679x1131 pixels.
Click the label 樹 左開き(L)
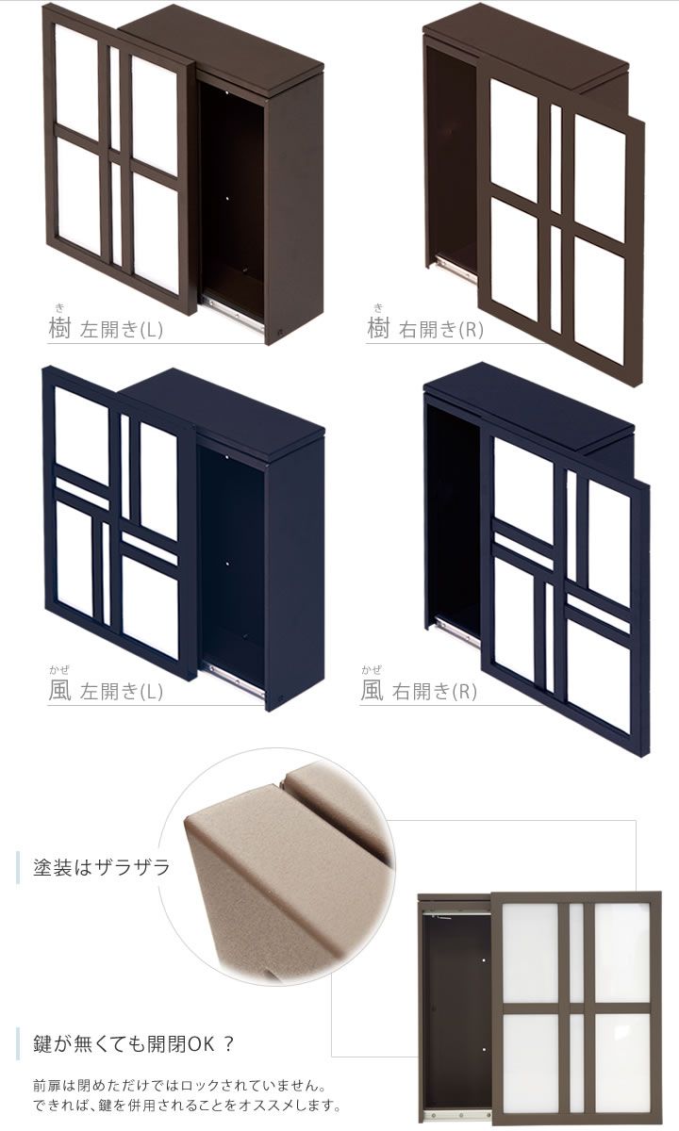click(106, 329)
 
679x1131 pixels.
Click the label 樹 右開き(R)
click(425, 329)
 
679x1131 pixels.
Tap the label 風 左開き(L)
click(106, 691)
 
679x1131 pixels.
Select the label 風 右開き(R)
click(419, 691)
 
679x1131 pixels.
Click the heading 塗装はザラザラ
click(102, 867)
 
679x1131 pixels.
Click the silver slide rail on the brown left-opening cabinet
click(234, 314)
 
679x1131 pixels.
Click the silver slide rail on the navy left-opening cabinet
click(234, 677)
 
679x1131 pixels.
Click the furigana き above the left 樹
click(59, 308)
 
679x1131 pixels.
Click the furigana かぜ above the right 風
click(371, 670)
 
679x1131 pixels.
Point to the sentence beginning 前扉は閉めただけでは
click(179, 1085)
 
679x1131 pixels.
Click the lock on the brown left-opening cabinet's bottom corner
click(281, 334)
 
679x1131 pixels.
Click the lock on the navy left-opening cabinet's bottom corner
click(281, 697)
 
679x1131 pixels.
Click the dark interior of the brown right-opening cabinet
click(451, 152)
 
